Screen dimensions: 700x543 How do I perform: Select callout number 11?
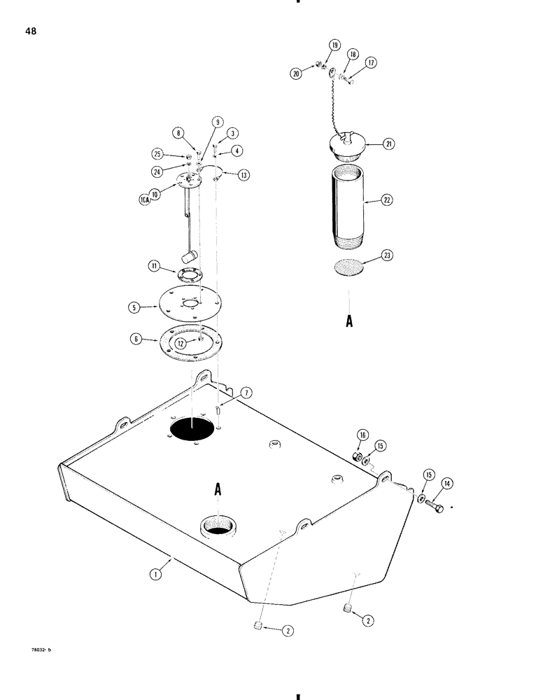coord(154,266)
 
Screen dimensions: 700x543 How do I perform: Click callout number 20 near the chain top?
coord(298,73)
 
